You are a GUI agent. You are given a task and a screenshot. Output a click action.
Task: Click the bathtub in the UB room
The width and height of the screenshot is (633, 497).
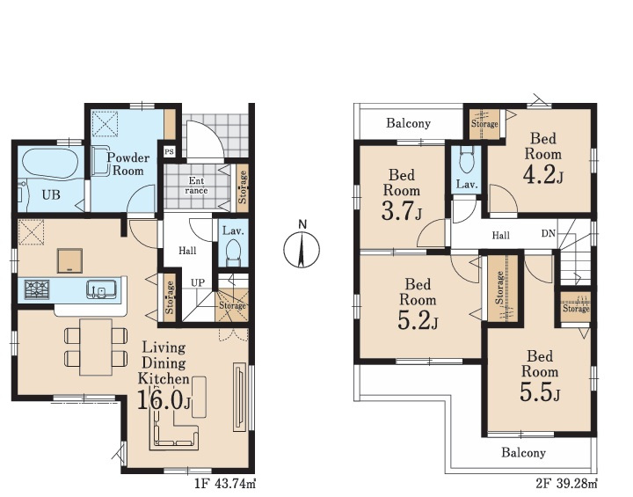tap(49, 164)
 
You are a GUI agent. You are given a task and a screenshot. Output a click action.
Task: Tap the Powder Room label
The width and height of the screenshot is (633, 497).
tap(127, 164)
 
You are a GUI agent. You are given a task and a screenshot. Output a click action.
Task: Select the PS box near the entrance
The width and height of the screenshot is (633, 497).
tap(169, 152)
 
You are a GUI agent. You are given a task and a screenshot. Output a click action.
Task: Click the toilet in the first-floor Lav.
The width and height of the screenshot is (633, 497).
tap(232, 252)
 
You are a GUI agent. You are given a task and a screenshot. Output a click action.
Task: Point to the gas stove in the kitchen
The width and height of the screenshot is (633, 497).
tap(37, 289)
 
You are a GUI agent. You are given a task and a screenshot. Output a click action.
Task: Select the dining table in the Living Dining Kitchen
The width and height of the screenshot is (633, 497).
tap(96, 347)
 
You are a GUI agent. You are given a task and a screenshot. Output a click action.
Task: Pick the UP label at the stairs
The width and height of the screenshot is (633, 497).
tap(198, 283)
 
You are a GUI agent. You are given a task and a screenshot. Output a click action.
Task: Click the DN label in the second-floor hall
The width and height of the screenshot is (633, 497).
tap(549, 234)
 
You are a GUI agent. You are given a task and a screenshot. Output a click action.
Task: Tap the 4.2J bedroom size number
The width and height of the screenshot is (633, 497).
tap(543, 174)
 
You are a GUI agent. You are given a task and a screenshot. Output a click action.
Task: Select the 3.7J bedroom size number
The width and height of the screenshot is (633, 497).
tap(401, 211)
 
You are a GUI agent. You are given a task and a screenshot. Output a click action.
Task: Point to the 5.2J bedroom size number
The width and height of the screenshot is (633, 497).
tap(418, 320)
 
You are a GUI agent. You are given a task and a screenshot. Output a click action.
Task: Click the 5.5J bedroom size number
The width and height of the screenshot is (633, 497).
tap(540, 392)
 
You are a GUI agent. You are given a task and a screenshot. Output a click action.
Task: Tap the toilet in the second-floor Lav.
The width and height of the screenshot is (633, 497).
tap(466, 159)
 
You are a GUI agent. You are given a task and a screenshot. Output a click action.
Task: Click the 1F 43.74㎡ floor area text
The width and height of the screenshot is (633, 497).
tap(225, 483)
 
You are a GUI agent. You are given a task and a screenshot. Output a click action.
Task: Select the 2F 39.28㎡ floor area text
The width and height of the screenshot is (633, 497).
tap(566, 483)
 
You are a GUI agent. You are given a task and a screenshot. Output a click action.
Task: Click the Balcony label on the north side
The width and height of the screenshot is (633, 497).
tap(408, 123)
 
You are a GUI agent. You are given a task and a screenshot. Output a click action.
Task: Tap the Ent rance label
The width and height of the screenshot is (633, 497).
tap(196, 186)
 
